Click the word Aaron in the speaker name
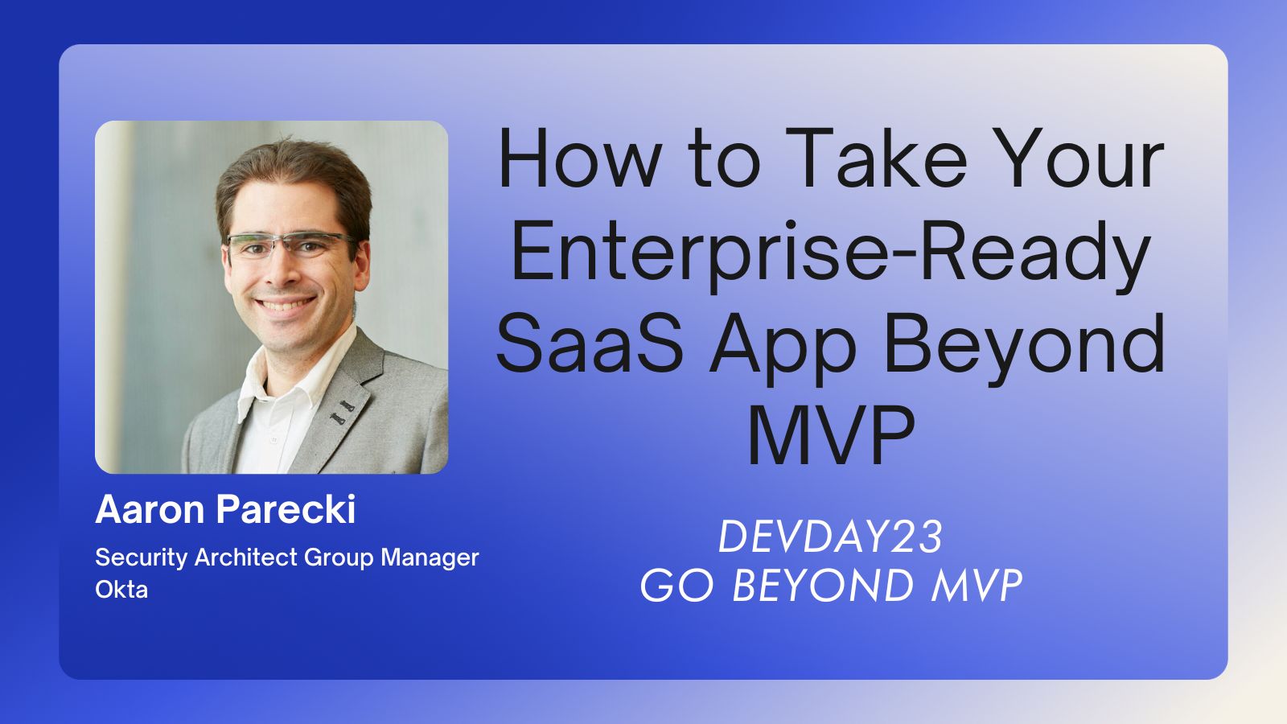click(150, 509)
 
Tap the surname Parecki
click(286, 509)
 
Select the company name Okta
click(121, 590)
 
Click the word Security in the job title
click(142, 558)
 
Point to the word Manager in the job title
click(430, 557)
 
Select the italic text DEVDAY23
click(831, 537)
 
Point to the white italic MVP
click(977, 586)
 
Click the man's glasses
click(290, 246)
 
